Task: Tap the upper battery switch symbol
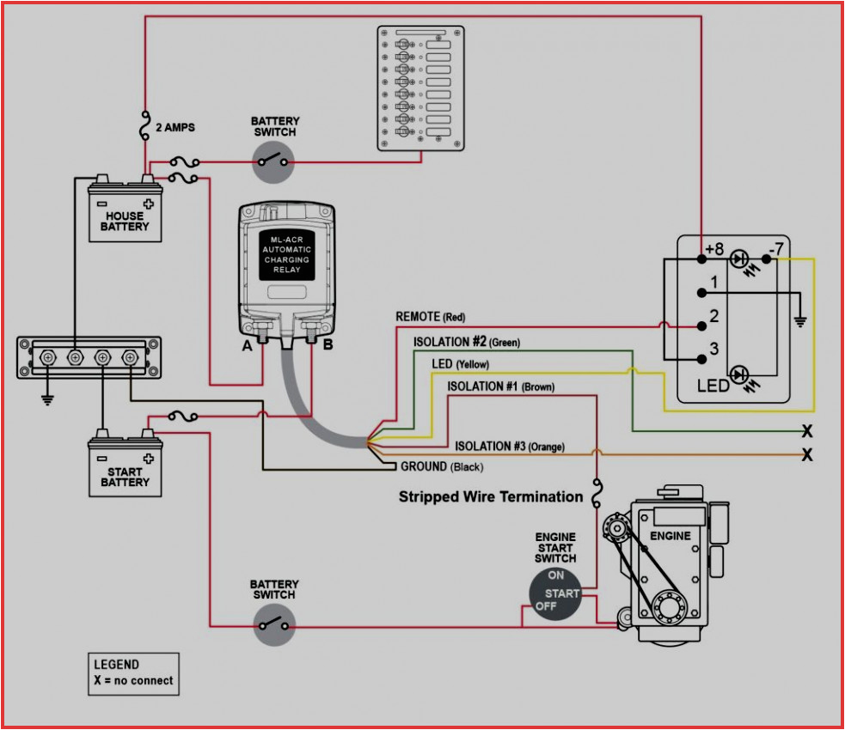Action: coord(274,161)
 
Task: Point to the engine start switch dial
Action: coord(554,593)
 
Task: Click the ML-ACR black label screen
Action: coord(287,254)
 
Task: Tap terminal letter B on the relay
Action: coord(327,345)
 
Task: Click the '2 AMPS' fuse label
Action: coord(175,128)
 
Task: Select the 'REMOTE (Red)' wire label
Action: coord(430,317)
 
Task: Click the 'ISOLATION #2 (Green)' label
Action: coord(466,342)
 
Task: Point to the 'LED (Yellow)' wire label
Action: coord(460,364)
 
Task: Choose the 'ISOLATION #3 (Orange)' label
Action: coord(509,447)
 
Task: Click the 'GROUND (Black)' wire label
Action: coord(442,467)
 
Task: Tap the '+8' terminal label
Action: coord(714,250)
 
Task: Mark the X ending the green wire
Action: coord(806,431)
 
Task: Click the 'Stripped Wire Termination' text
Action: coord(490,496)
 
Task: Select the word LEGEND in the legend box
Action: coord(116,665)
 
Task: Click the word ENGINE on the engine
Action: coord(670,536)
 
